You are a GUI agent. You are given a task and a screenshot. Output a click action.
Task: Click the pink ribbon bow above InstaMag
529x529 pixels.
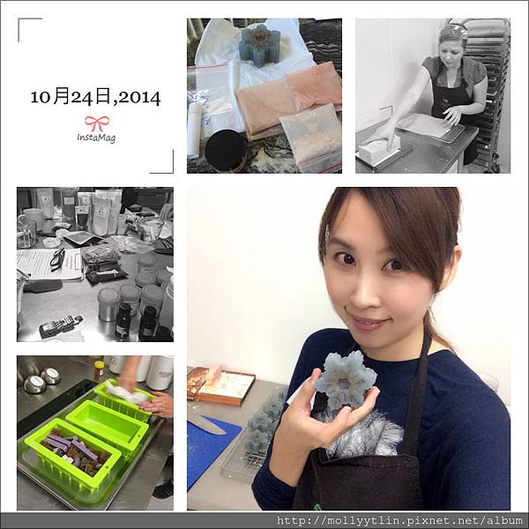[x=97, y=123]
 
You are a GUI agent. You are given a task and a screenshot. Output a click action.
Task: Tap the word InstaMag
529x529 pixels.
[x=96, y=138]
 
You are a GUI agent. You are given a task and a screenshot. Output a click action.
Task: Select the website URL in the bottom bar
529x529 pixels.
[x=399, y=521]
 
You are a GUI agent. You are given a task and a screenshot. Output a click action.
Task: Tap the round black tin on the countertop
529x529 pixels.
[x=226, y=150]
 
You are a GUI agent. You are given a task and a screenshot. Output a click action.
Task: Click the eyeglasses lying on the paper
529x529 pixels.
[x=57, y=258]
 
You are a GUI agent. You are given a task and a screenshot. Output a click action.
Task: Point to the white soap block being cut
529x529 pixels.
[x=378, y=150]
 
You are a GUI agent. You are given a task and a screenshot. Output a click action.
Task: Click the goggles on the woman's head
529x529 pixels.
[x=454, y=30]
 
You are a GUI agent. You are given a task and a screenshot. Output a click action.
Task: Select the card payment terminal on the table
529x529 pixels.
[x=61, y=324]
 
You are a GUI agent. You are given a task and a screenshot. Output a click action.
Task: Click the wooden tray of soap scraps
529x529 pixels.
[x=221, y=384]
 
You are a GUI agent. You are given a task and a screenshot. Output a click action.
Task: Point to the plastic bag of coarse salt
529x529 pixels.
[x=311, y=138]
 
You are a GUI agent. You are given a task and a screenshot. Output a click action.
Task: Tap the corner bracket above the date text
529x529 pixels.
[x=30, y=30]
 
